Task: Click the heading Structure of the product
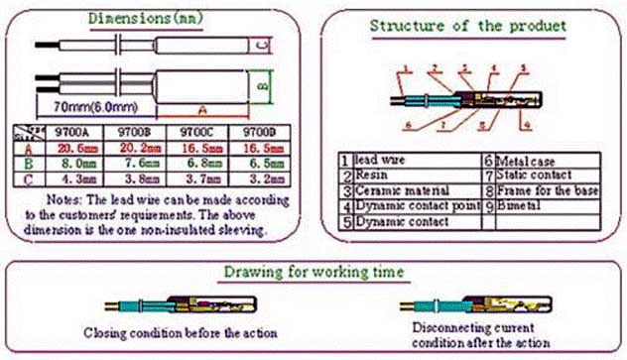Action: pos(465,24)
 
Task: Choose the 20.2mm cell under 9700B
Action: pos(138,146)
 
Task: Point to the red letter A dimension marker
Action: pos(204,108)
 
